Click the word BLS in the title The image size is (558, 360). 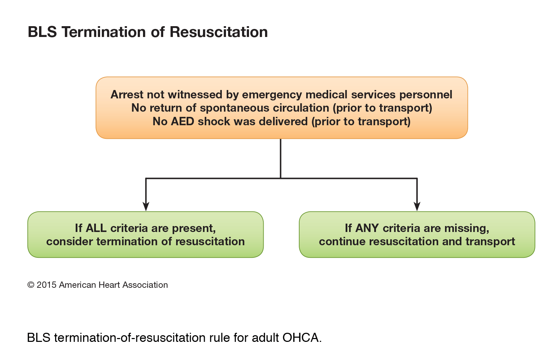pyautogui.click(x=42, y=32)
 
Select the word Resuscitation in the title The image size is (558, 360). pyautogui.click(x=219, y=32)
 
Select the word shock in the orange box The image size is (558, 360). pyautogui.click(x=214, y=122)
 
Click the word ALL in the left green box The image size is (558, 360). pyautogui.click(x=96, y=228)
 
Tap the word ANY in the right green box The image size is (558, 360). pyautogui.click(x=367, y=228)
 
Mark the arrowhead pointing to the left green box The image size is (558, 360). pyautogui.click(x=146, y=206)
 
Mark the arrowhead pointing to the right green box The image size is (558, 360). pyautogui.click(x=417, y=206)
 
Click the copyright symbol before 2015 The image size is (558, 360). pyautogui.click(x=31, y=285)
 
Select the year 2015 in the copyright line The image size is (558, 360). pyautogui.click(x=47, y=285)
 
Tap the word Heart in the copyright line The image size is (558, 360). pyautogui.click(x=108, y=285)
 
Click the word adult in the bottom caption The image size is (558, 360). pyautogui.click(x=265, y=338)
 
